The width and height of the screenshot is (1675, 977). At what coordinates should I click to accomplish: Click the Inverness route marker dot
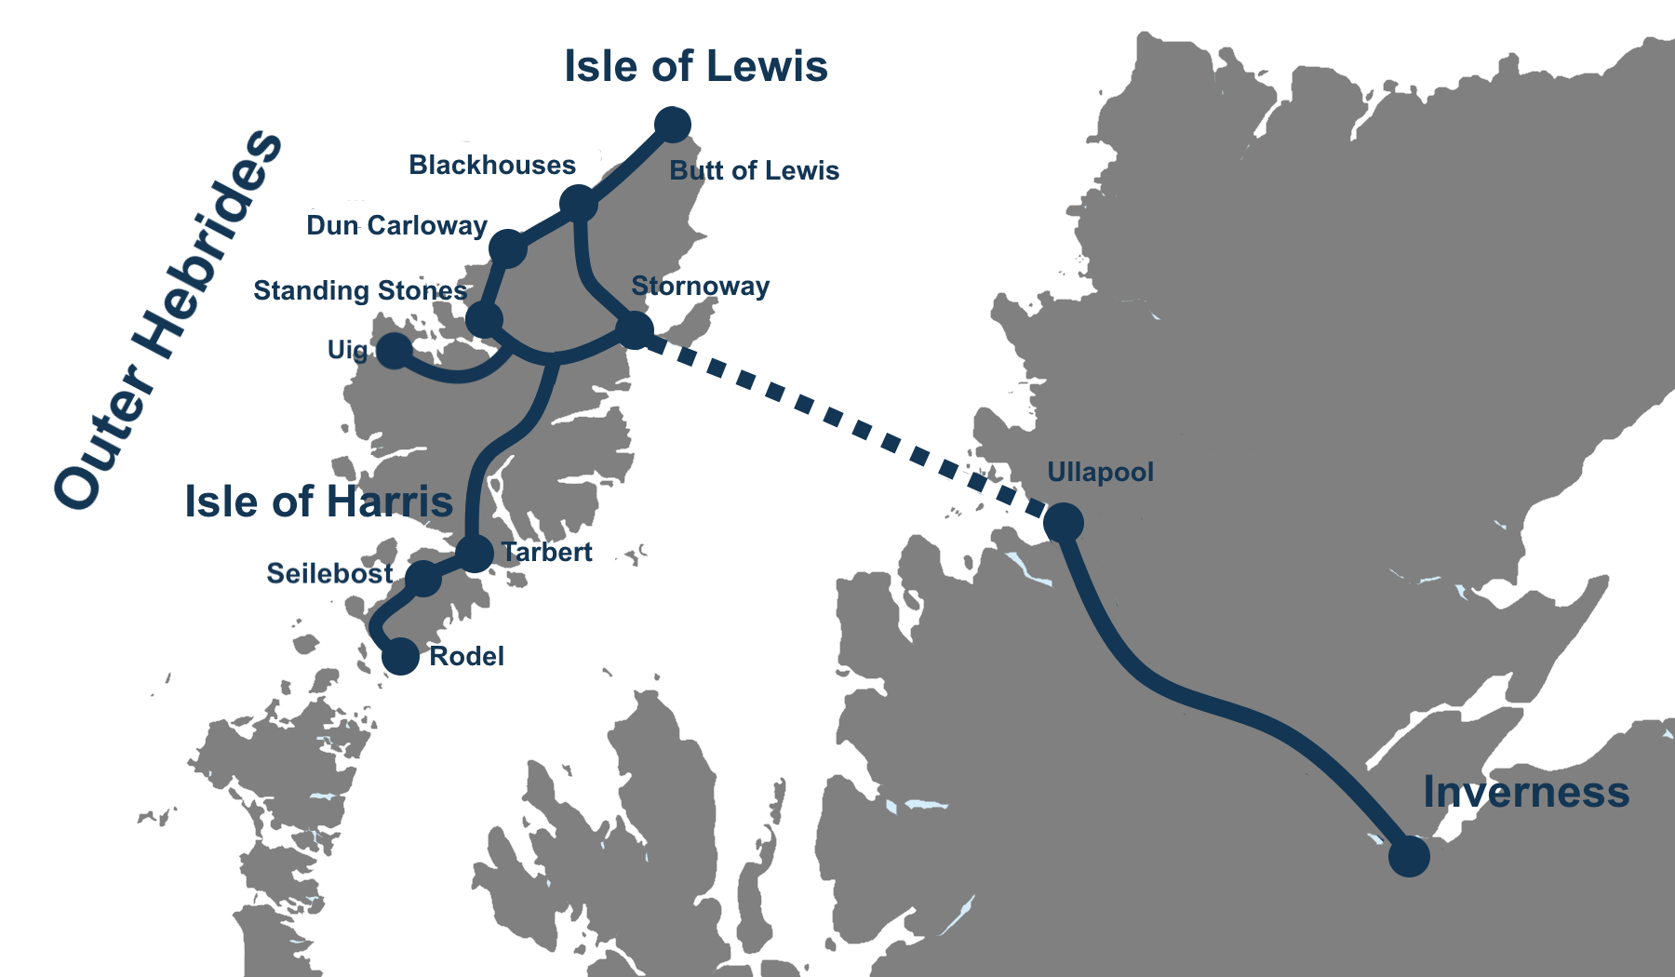1409,856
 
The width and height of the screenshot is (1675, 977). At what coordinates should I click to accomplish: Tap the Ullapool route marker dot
1064,522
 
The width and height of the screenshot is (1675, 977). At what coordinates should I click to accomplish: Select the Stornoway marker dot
635,329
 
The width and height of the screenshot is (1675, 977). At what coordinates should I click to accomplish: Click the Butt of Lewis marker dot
672,124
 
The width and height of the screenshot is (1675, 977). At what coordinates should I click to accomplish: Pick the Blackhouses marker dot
578,203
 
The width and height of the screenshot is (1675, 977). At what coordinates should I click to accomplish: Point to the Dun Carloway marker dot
507,248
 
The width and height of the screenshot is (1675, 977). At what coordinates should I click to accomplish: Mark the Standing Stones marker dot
484,319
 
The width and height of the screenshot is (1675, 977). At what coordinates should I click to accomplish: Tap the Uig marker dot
394,350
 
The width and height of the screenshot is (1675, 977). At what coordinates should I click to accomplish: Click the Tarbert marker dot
475,554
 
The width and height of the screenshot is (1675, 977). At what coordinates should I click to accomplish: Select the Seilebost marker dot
423,578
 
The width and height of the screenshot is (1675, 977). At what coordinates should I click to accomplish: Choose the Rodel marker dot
401,656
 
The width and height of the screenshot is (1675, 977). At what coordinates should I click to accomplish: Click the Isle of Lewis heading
695,67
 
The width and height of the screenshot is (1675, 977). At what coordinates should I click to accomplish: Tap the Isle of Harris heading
318,502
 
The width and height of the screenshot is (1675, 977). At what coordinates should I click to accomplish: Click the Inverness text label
1525,793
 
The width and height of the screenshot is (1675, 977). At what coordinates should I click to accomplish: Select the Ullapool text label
1100,473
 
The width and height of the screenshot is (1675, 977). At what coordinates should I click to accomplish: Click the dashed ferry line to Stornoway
847,424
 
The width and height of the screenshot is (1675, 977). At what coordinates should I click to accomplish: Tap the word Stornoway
700,287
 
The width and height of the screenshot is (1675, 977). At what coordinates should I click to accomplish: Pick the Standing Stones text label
359,291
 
